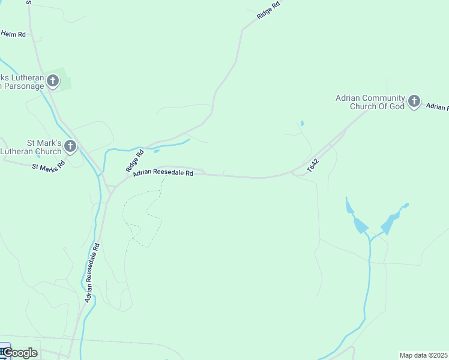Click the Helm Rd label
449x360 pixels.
(13, 34)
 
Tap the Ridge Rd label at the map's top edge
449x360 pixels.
(268, 10)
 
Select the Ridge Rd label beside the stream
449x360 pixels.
(135, 161)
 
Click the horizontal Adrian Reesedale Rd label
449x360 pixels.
(163, 173)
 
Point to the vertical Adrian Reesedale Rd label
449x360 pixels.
(91, 272)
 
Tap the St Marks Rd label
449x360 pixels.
(48, 166)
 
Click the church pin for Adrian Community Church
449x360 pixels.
(414, 101)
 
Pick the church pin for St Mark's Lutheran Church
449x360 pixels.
(70, 146)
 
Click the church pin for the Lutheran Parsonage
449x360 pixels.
(53, 80)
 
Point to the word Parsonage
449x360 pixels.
(25, 86)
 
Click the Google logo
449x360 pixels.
(20, 353)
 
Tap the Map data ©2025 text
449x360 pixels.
(424, 355)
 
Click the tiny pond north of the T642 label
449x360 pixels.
(301, 124)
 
